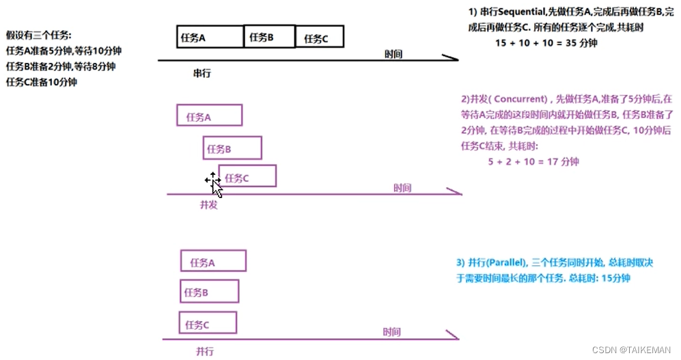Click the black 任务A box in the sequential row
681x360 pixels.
[210, 37]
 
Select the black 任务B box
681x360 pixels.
[269, 37]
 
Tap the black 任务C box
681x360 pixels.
[319, 38]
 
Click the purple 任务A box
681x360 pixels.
[209, 115]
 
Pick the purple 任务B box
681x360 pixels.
[232, 148]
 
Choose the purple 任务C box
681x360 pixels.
[247, 176]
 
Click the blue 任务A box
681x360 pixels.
[212, 262]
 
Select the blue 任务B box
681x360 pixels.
[209, 292]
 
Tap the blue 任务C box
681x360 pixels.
[208, 323]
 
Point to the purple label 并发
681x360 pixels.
[208, 204]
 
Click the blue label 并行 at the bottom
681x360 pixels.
[204, 351]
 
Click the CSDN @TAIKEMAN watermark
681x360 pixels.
[632, 349]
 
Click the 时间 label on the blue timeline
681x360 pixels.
[391, 332]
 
